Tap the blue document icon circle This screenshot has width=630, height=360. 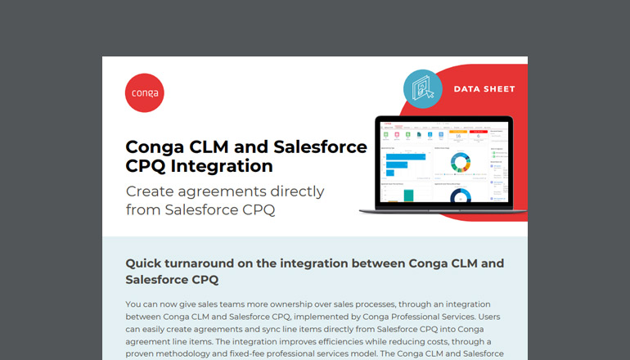(423, 88)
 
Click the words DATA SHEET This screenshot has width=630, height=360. (484, 88)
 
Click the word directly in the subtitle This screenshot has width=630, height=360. (291, 191)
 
